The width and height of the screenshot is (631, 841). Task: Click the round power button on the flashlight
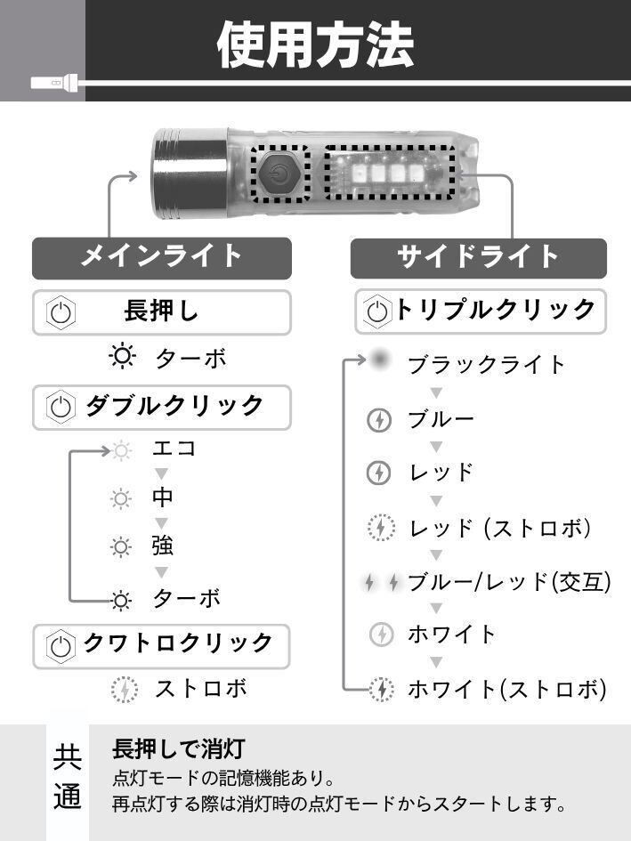280,173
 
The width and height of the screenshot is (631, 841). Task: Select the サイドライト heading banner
478,257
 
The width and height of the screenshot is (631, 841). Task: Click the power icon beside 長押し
61,312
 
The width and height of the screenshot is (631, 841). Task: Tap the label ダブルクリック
175,406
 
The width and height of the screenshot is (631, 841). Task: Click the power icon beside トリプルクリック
378,311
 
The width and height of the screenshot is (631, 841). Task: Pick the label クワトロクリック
177,643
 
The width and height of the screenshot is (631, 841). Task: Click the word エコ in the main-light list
174,449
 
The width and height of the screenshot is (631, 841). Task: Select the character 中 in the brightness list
163,497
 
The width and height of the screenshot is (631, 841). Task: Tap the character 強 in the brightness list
163,546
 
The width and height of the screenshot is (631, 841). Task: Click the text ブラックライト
487,365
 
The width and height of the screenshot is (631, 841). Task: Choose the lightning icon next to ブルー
379,420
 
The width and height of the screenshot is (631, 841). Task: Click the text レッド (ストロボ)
500,528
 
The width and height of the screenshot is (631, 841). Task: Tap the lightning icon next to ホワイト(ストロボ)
381,689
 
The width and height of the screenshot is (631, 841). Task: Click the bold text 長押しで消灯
178,749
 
